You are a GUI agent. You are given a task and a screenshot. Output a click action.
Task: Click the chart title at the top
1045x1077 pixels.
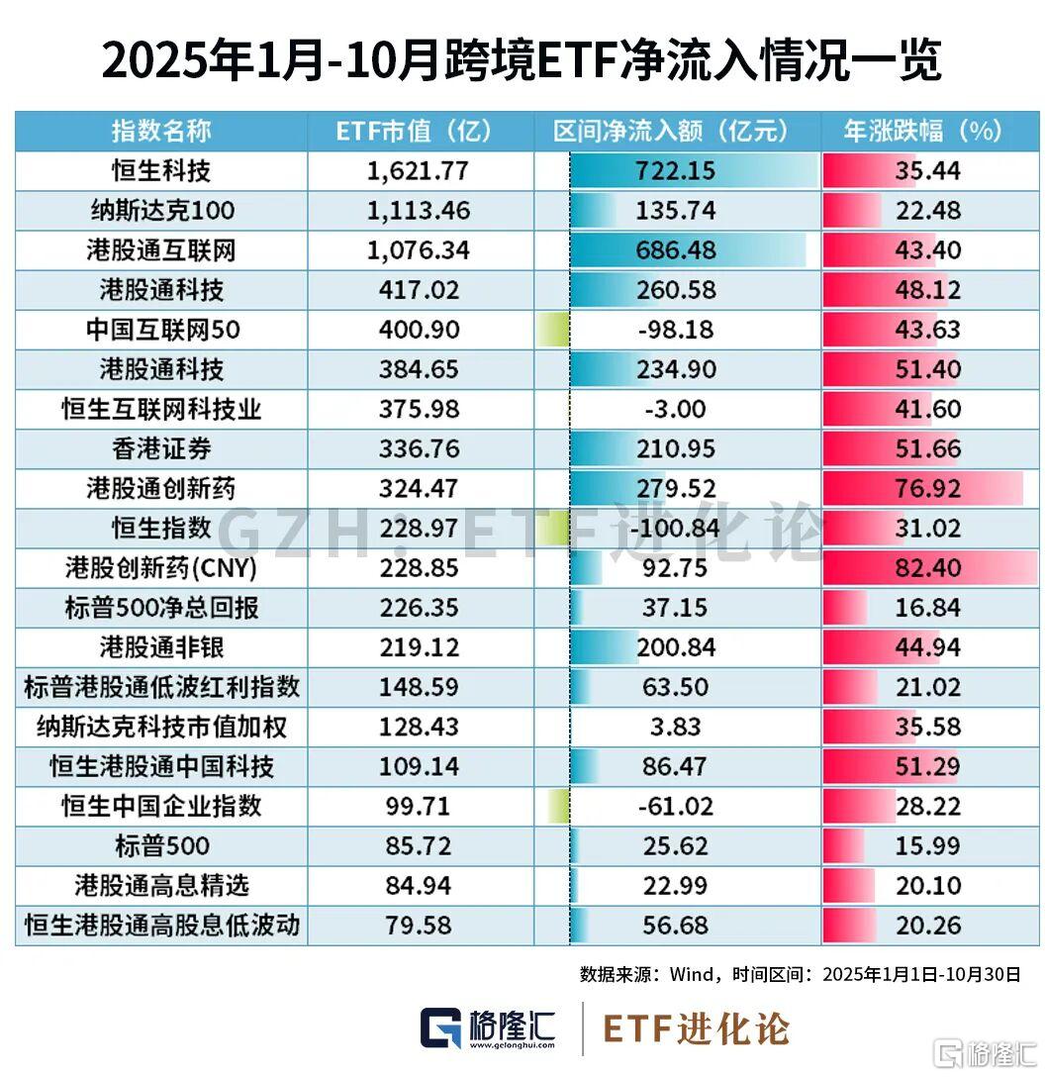[x=522, y=61]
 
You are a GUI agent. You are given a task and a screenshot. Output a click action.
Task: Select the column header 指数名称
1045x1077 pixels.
[x=161, y=131]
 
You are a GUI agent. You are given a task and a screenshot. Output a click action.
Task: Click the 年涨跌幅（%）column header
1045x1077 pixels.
[x=923, y=131]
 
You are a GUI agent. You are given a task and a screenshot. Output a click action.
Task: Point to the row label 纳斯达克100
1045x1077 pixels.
[x=161, y=211]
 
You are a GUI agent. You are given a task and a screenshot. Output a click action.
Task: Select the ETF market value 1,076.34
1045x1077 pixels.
[x=418, y=250]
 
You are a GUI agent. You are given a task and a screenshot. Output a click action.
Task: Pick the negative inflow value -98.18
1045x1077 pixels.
[x=676, y=330]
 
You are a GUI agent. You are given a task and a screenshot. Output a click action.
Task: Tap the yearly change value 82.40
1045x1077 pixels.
[x=927, y=568]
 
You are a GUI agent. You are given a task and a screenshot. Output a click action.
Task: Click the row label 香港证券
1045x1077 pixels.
[x=161, y=449]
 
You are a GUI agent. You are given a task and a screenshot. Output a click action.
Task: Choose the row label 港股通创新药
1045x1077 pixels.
[x=161, y=489]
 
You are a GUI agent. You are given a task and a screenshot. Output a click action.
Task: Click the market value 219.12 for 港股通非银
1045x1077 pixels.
[x=418, y=647]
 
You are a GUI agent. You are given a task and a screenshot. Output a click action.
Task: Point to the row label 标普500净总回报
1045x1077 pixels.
[x=161, y=608]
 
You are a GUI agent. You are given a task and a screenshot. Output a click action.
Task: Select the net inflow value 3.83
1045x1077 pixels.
[x=676, y=728]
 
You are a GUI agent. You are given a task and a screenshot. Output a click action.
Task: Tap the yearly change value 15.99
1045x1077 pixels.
[x=927, y=846]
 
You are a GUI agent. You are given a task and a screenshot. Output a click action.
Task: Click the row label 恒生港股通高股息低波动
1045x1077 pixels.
[x=161, y=926]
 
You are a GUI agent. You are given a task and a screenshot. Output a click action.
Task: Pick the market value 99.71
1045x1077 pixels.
[x=418, y=807]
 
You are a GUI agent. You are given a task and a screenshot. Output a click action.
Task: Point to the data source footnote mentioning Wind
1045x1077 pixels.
[x=800, y=974]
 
